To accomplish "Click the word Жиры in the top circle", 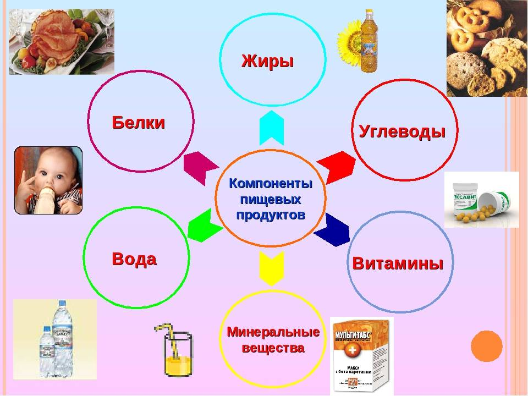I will point(268,61).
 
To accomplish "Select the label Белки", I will point(139,123).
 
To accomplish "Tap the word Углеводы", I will point(402,131).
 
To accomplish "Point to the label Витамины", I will point(398,263).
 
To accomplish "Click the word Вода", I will point(134,258).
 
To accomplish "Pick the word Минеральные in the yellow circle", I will point(273,332).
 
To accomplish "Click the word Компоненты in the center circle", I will point(271,183).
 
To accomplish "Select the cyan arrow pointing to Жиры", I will point(271,128).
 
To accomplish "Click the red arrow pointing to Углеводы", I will point(337,165).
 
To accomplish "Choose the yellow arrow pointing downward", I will point(271,267).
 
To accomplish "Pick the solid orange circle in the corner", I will point(487,345).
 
